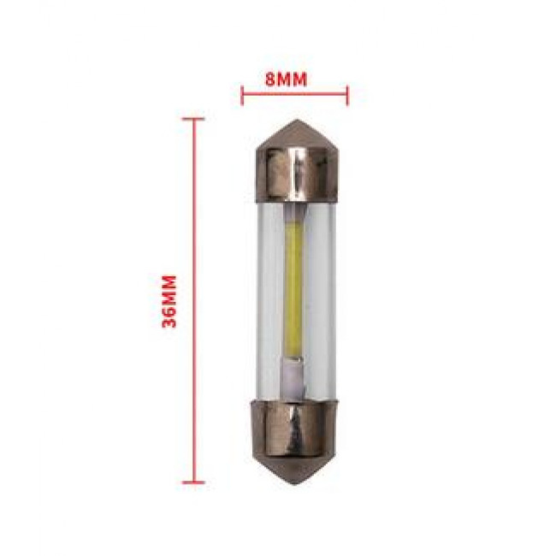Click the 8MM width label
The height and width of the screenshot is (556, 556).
[287, 80]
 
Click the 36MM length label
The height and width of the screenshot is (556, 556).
[169, 301]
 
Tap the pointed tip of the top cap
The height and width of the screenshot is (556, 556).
[297, 120]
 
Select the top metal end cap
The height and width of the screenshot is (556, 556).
[297, 162]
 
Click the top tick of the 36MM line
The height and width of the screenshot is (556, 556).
[193, 119]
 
